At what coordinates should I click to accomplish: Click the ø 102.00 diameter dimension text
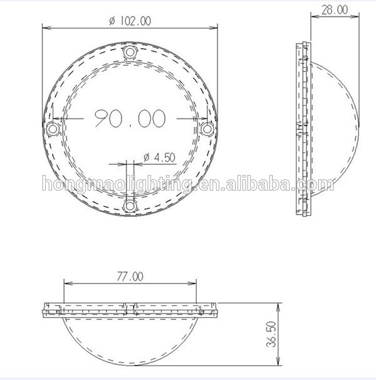pyautogui.click(x=130, y=21)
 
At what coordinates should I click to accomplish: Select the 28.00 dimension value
pyautogui.click(x=335, y=10)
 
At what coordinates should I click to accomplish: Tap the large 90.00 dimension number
pyautogui.click(x=130, y=119)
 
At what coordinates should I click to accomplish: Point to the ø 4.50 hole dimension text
pyautogui.click(x=159, y=157)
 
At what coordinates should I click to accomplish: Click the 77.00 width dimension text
pyautogui.click(x=130, y=277)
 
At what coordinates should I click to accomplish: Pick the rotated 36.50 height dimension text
pyautogui.click(x=271, y=334)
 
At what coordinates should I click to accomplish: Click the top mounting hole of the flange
pyautogui.click(x=130, y=52)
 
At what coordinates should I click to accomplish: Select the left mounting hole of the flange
pyautogui.click(x=53, y=129)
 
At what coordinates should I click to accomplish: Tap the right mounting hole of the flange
pyautogui.click(x=207, y=129)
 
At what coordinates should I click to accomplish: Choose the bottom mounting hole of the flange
pyautogui.click(x=130, y=206)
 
